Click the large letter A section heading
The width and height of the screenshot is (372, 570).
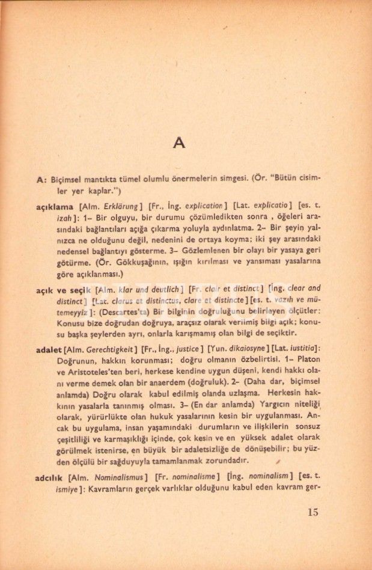[178, 143]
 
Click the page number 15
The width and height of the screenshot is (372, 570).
[312, 512]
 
